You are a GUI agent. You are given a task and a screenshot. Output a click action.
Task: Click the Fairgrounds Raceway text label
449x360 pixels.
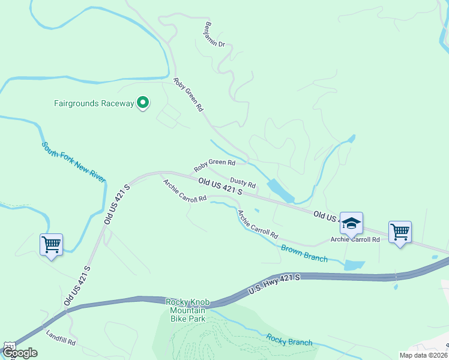[x=94, y=103]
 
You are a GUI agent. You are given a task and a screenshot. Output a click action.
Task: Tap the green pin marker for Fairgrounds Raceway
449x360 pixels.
[x=143, y=103]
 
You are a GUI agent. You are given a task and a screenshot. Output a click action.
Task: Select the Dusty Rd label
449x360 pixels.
[x=243, y=182]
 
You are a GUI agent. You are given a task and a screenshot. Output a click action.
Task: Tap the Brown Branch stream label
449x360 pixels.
[x=304, y=253]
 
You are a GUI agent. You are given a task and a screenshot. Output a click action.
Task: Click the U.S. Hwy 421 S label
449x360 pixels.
[x=274, y=285]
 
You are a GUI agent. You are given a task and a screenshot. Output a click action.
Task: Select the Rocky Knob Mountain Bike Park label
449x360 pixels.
[x=188, y=310]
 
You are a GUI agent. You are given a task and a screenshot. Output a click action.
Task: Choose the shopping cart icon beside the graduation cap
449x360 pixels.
[x=400, y=232]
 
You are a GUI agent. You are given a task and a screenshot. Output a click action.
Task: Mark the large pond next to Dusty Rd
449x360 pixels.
[x=280, y=191]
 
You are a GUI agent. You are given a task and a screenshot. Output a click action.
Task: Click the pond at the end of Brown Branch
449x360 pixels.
[x=355, y=265]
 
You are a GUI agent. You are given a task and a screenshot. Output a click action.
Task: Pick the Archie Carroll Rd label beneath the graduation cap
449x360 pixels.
[x=355, y=239]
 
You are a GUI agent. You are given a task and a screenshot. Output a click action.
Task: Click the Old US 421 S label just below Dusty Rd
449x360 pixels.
[x=220, y=186]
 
